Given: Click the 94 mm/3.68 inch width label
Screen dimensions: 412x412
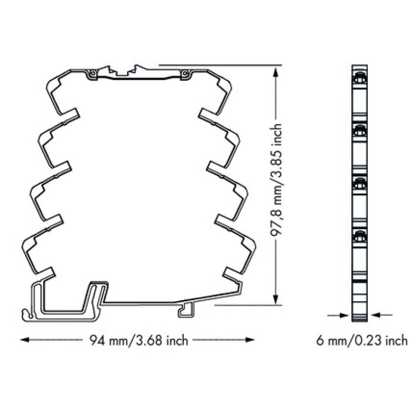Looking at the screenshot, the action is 139,341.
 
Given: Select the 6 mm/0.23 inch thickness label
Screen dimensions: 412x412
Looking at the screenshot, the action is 362,341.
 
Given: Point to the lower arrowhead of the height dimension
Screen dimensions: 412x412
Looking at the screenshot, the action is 276,299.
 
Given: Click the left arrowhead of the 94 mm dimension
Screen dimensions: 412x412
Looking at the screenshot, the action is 25,340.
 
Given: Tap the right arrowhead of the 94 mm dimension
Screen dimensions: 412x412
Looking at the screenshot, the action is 250,340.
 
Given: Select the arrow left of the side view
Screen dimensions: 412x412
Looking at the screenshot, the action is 339,315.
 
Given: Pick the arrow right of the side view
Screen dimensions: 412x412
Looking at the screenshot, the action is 381,315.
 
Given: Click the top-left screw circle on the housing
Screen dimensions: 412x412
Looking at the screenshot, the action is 92,74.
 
